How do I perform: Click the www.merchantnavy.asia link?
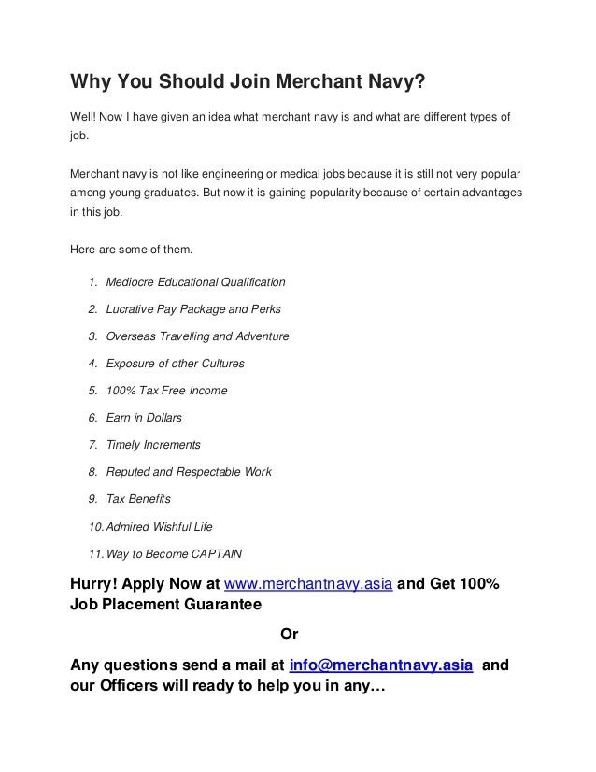click(312, 586)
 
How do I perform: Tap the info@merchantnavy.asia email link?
click(381, 665)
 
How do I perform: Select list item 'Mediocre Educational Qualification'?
click(195, 281)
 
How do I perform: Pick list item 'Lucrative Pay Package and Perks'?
click(193, 308)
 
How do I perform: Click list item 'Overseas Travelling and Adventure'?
click(197, 336)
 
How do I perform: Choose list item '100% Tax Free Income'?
click(166, 390)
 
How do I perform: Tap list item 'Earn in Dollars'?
click(144, 417)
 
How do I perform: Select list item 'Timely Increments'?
click(153, 444)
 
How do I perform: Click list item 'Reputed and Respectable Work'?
click(189, 472)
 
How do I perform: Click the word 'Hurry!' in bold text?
click(97, 586)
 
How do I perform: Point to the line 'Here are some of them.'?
click(130, 249)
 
